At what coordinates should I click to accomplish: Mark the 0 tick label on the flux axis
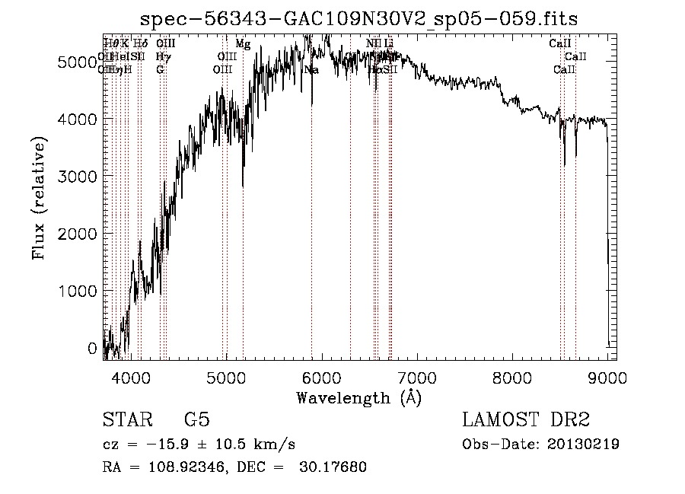[92, 349]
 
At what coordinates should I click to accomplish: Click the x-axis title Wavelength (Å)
[358, 397]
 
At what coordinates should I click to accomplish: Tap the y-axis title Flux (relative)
[38, 198]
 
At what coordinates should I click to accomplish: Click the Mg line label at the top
[243, 44]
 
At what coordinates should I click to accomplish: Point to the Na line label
[311, 70]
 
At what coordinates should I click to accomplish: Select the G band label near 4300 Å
[160, 70]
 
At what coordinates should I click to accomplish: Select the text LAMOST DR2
[526, 421]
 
